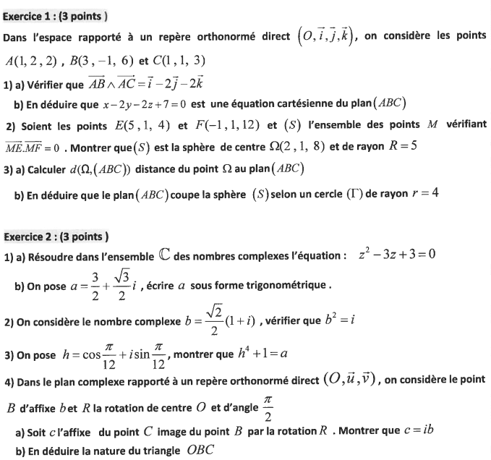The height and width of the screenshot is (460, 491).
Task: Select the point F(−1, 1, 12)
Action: pos(226,125)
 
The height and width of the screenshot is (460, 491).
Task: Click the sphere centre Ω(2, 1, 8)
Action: pos(296,147)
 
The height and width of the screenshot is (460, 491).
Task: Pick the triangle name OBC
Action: pos(205,452)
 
